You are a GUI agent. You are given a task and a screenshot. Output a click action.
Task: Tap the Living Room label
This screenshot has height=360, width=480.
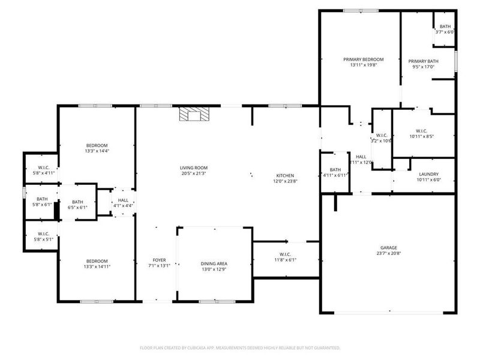(x=193, y=167)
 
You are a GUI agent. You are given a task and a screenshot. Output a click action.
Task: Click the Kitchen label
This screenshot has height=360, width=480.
(x=284, y=175)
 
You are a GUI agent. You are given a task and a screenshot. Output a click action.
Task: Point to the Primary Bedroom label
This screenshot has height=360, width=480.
(x=363, y=59)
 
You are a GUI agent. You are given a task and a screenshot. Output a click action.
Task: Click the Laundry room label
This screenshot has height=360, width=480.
(x=428, y=173)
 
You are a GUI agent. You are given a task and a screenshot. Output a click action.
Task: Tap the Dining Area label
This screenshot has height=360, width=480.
(x=214, y=264)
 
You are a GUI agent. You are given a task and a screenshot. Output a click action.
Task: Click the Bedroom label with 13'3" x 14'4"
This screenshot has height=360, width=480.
(x=97, y=146)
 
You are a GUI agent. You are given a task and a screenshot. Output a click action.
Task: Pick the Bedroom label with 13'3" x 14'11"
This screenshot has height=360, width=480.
(x=97, y=260)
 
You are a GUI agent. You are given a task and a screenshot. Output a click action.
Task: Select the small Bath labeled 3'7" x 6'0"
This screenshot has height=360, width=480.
(x=445, y=26)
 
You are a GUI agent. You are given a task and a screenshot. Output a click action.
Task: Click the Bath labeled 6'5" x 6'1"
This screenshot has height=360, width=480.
(x=78, y=202)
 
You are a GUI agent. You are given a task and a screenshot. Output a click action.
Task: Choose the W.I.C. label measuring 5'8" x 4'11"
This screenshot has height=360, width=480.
(x=43, y=167)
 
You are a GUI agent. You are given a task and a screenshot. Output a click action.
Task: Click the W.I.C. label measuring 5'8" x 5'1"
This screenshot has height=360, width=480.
(x=43, y=233)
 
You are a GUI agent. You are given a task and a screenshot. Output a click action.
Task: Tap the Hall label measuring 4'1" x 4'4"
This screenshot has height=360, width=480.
(x=123, y=200)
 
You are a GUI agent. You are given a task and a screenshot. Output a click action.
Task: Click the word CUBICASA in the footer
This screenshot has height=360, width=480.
(x=205, y=347)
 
